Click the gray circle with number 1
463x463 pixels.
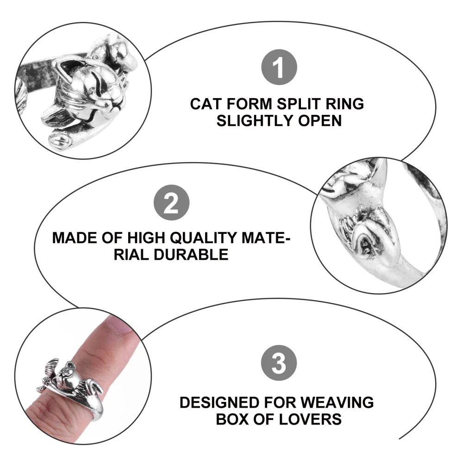pos(278,69)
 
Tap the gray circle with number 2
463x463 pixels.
pos(171,203)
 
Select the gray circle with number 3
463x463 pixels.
pos(278,363)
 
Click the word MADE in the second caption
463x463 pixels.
pos(74,238)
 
